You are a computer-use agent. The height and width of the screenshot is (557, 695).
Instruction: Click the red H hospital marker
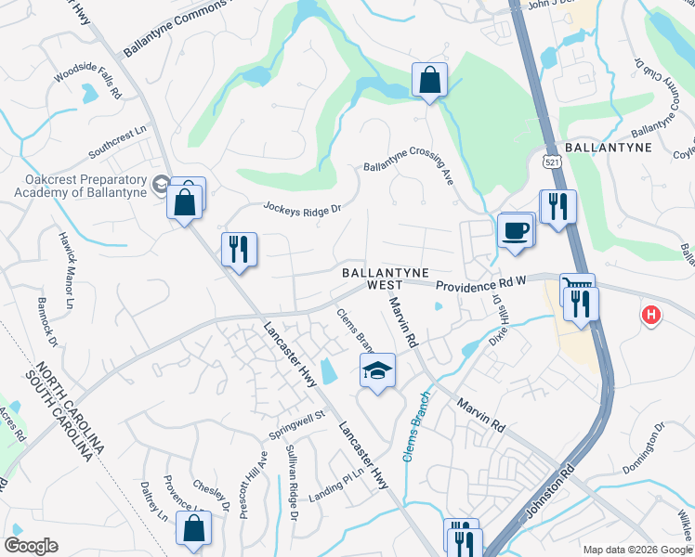click(651, 316)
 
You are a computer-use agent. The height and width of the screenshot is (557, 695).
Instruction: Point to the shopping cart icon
click(576, 285)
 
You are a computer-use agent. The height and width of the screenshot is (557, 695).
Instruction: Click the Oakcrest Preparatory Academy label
click(80, 186)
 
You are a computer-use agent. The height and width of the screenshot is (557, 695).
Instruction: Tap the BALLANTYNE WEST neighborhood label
click(385, 280)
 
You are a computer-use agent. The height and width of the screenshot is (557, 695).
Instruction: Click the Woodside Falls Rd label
click(88, 81)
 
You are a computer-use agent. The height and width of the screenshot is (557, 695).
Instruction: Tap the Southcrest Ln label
click(118, 142)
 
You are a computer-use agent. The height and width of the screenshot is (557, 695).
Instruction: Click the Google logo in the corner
click(31, 545)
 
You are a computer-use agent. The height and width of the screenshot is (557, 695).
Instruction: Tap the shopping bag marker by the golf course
click(428, 82)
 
